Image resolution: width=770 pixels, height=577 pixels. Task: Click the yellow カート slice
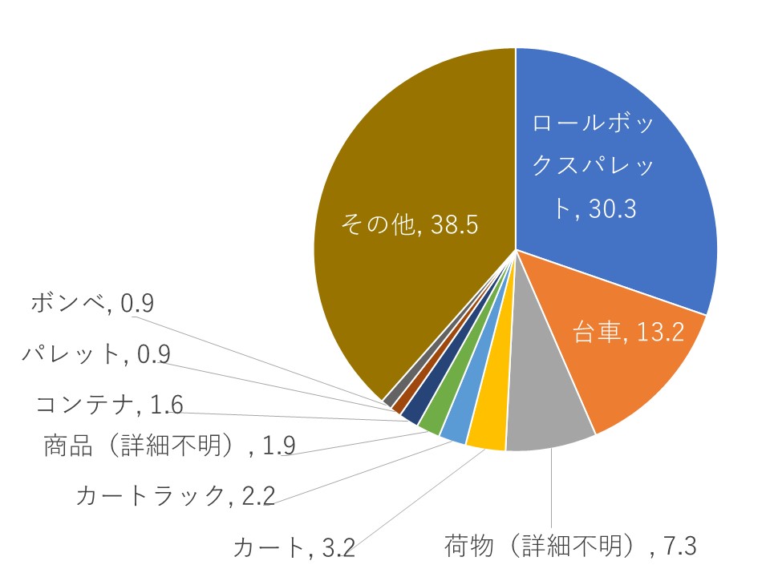tap(487, 434)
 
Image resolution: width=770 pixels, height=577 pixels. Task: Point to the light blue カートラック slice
tap(455, 429)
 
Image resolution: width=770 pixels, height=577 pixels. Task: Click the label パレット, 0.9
tap(96, 354)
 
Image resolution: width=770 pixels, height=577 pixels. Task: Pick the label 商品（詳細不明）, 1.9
tap(169, 446)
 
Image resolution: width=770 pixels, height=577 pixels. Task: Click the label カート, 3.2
tap(293, 549)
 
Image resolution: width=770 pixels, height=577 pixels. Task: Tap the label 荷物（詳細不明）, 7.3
tap(570, 547)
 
